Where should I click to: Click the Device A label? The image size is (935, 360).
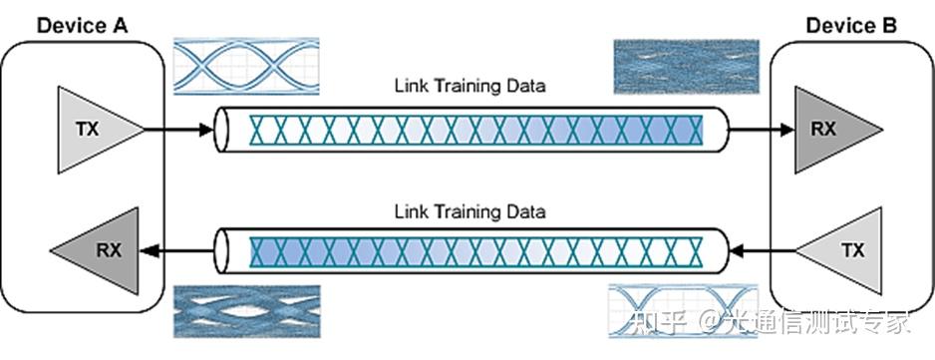coord(83,24)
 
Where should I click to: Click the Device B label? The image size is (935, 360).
coord(852,24)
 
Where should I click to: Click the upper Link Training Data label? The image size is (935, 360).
coord(469,86)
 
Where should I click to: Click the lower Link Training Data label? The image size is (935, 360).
coord(469,211)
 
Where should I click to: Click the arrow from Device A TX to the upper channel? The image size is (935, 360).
coord(179,129)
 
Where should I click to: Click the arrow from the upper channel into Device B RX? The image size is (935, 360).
coord(761,129)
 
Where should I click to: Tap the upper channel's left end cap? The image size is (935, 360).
coord(224,129)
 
